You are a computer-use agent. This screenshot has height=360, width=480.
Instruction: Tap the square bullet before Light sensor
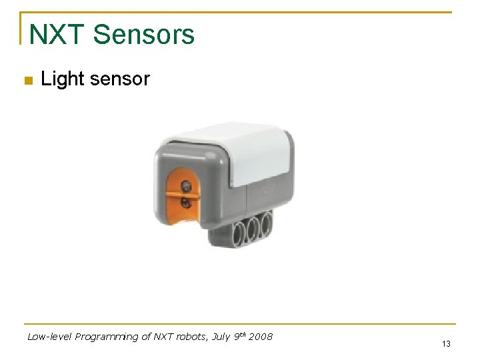27,81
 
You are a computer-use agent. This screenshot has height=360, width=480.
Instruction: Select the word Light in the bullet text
61,79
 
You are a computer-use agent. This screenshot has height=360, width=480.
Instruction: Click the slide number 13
446,344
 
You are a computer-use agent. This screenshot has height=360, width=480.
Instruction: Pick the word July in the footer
221,337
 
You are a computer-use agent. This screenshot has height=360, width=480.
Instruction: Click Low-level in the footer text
49,337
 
